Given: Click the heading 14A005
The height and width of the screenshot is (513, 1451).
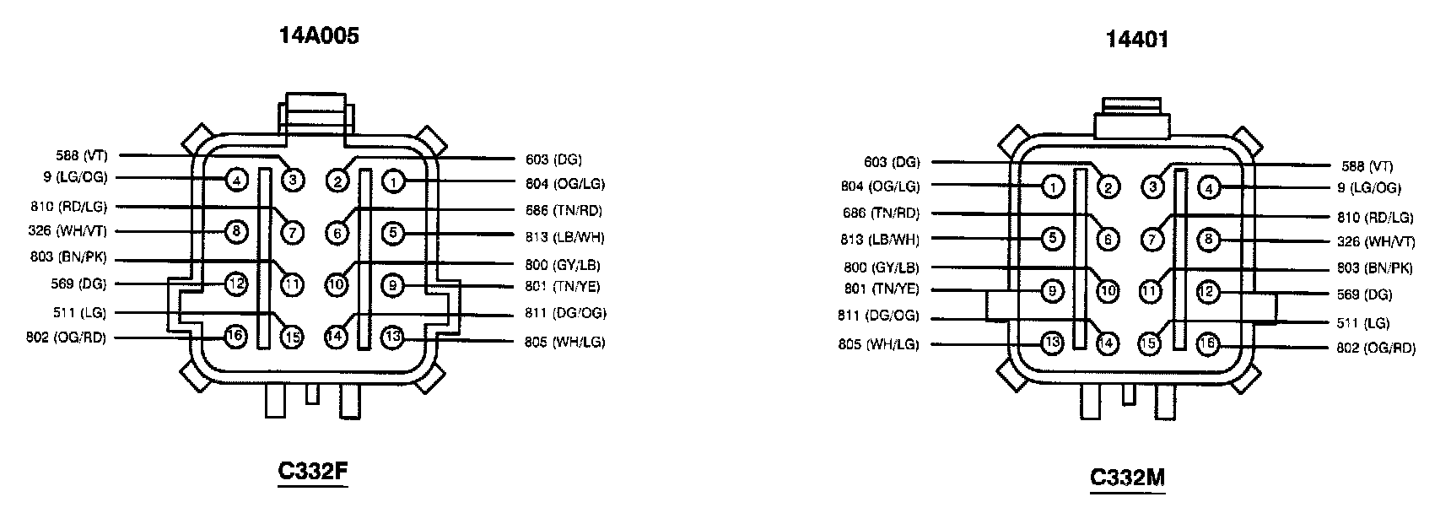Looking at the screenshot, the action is point(319,35).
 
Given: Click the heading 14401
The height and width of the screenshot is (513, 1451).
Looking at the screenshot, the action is point(1136,39).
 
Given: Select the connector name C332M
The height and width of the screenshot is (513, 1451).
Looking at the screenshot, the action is point(1127,478).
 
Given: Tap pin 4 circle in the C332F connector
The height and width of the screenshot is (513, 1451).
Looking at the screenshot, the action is point(237,179).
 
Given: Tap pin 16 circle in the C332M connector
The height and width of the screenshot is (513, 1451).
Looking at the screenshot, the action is point(1208,343).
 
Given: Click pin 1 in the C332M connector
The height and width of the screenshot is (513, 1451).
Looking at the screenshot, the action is point(1052,186).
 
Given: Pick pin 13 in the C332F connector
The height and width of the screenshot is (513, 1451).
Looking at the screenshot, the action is point(392,337).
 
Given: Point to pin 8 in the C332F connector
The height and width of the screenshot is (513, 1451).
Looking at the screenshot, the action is point(237,231).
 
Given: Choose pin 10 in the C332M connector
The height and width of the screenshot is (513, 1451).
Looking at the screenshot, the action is point(1107,292).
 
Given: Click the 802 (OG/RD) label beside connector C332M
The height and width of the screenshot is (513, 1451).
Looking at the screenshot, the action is point(1376,348).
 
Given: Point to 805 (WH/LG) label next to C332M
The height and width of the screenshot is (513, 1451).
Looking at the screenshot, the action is point(878,344).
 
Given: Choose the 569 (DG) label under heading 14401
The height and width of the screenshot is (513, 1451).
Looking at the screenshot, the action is point(1363,295).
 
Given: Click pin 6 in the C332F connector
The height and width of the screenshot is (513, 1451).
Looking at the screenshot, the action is point(337,233).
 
